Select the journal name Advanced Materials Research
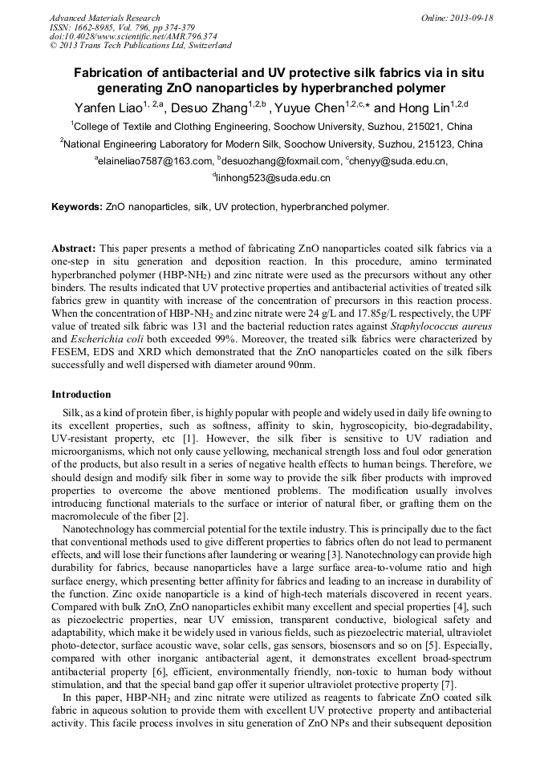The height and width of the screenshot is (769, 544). point(104,18)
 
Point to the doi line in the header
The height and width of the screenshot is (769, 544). point(132,36)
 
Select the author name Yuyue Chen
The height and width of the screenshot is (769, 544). point(311,107)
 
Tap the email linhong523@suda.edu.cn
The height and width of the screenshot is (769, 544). point(273,178)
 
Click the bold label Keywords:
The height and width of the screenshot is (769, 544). point(77,207)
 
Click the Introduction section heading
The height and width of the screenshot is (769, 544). point(81,395)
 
